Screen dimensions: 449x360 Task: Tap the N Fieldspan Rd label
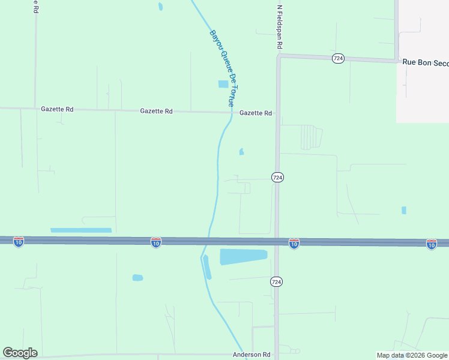click(279, 27)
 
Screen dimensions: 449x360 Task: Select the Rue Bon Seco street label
click(426, 62)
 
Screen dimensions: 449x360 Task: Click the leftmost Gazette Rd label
click(57, 110)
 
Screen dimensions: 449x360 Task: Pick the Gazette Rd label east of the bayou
click(256, 113)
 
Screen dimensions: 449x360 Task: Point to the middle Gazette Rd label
click(156, 111)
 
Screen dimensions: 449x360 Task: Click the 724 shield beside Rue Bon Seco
click(339, 58)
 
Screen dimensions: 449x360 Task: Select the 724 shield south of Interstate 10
click(276, 281)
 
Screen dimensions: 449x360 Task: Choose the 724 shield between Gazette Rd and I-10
click(277, 178)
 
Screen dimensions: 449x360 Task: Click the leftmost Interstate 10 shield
click(19, 242)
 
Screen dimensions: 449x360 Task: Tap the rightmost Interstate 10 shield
click(431, 244)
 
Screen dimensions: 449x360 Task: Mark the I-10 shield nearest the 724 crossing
click(294, 243)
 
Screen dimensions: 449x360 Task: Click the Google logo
click(20, 353)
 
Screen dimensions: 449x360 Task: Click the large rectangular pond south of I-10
click(243, 257)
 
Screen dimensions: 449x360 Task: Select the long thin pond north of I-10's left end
click(81, 230)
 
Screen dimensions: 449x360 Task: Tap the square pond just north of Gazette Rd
click(223, 85)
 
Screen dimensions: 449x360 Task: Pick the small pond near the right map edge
click(404, 210)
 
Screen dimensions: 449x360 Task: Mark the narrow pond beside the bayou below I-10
click(207, 267)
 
